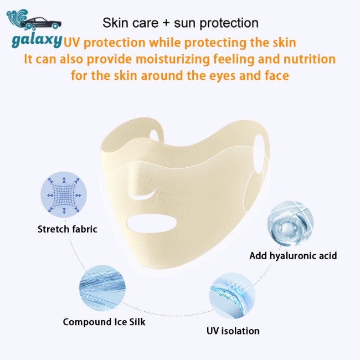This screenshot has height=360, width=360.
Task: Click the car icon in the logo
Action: [42, 23]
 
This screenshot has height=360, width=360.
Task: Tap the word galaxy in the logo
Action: [37, 43]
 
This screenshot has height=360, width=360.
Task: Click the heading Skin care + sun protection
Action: [181, 23]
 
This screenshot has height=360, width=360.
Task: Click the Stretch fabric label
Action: [68, 228]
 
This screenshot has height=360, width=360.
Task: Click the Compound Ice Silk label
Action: [104, 321]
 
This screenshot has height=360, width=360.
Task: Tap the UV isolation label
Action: [233, 331]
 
